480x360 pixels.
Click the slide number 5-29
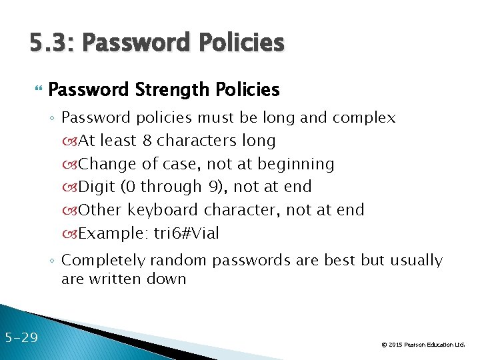[21, 337]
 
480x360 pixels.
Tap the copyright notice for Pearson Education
[423, 345]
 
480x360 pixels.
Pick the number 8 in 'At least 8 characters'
[147, 141]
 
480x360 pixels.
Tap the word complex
[364, 118]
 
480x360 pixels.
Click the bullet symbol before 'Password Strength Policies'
[37, 89]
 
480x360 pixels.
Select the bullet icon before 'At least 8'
[71, 141]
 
